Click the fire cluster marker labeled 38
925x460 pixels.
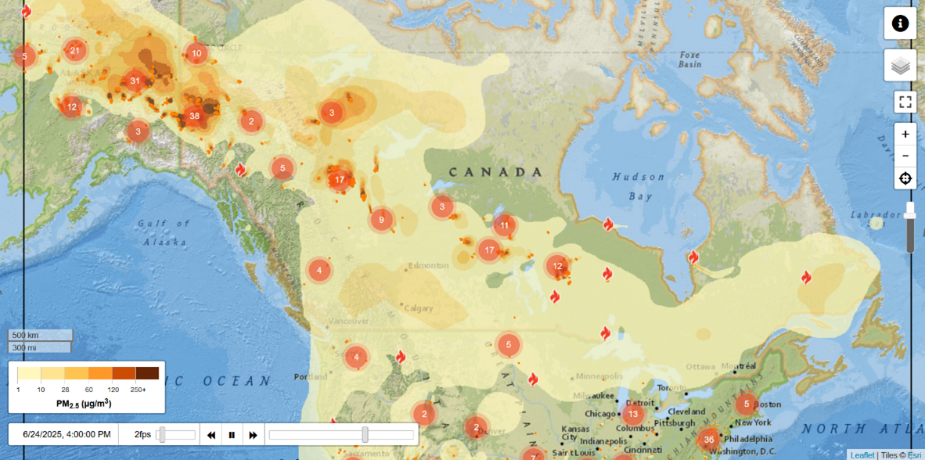pos(194,117)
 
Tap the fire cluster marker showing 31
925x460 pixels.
pos(135,81)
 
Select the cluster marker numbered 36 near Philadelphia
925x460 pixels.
pos(709,440)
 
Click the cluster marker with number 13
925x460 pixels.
pos(633,414)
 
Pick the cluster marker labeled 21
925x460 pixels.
pos(74,51)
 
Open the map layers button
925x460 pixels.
pos(900,66)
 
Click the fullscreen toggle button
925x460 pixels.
pos(905,102)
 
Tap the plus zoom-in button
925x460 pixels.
pos(905,134)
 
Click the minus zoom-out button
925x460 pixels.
pos(905,156)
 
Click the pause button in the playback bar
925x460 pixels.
pos(232,435)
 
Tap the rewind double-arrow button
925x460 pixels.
pos(211,435)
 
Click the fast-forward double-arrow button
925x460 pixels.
pos(253,435)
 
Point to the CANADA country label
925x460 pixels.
pos(495,172)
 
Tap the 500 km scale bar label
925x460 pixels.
pos(26,335)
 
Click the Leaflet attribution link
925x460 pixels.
pos(862,455)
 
